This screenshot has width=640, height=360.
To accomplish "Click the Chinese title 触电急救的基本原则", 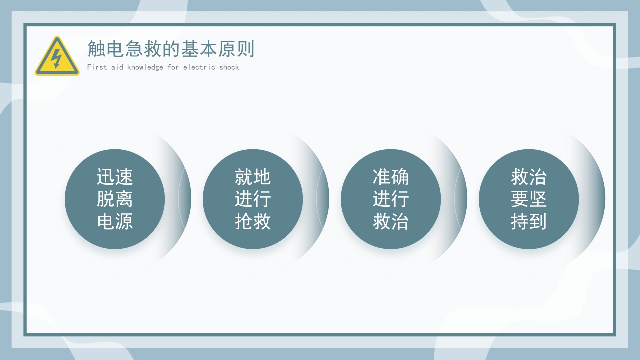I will click(x=171, y=49).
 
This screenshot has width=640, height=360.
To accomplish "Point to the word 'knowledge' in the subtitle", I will click(x=145, y=67).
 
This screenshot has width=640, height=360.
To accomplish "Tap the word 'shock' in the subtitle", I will click(x=229, y=67).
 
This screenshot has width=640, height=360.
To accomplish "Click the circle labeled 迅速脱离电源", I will click(x=115, y=199).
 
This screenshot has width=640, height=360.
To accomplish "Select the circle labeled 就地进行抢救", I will click(x=253, y=199).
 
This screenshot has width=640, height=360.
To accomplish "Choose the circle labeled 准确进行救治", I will click(x=391, y=199).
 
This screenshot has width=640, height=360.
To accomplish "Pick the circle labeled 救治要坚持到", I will click(x=529, y=199).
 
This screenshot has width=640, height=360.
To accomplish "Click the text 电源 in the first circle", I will click(x=115, y=221).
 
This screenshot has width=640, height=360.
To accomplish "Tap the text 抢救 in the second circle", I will click(x=253, y=221).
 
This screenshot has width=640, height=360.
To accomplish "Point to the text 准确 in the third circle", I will click(x=391, y=177).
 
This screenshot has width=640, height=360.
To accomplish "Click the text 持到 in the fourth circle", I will click(x=529, y=221).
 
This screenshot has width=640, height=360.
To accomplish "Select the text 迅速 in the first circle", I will click(x=115, y=177).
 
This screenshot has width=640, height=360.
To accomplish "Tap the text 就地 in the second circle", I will click(x=253, y=177).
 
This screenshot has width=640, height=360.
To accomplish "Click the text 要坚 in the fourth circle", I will click(x=529, y=199).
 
